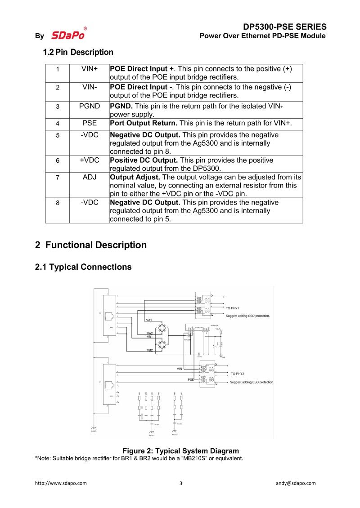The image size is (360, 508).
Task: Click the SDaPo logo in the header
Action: click(68, 35)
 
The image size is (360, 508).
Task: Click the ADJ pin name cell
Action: click(90, 177)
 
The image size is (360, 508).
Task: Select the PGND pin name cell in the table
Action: click(90, 106)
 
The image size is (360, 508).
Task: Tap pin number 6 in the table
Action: click(58, 160)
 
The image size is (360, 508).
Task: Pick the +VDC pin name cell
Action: click(90, 160)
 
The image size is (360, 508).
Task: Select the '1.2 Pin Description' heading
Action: click(78, 52)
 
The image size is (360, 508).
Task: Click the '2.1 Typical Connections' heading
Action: click(83, 267)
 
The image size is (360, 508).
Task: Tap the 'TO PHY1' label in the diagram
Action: click(232, 308)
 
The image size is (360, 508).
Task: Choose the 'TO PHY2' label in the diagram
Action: click(238, 374)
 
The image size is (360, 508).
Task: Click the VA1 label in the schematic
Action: click(149, 320)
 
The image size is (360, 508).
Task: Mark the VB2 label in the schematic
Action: click(149, 350)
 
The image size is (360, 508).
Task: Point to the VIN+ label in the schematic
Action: click(180, 369)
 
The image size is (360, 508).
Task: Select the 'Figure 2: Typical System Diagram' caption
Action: click(180, 450)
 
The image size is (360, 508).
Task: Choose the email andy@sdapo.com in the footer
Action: click(296, 483)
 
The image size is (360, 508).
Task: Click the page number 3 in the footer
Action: click(181, 483)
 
